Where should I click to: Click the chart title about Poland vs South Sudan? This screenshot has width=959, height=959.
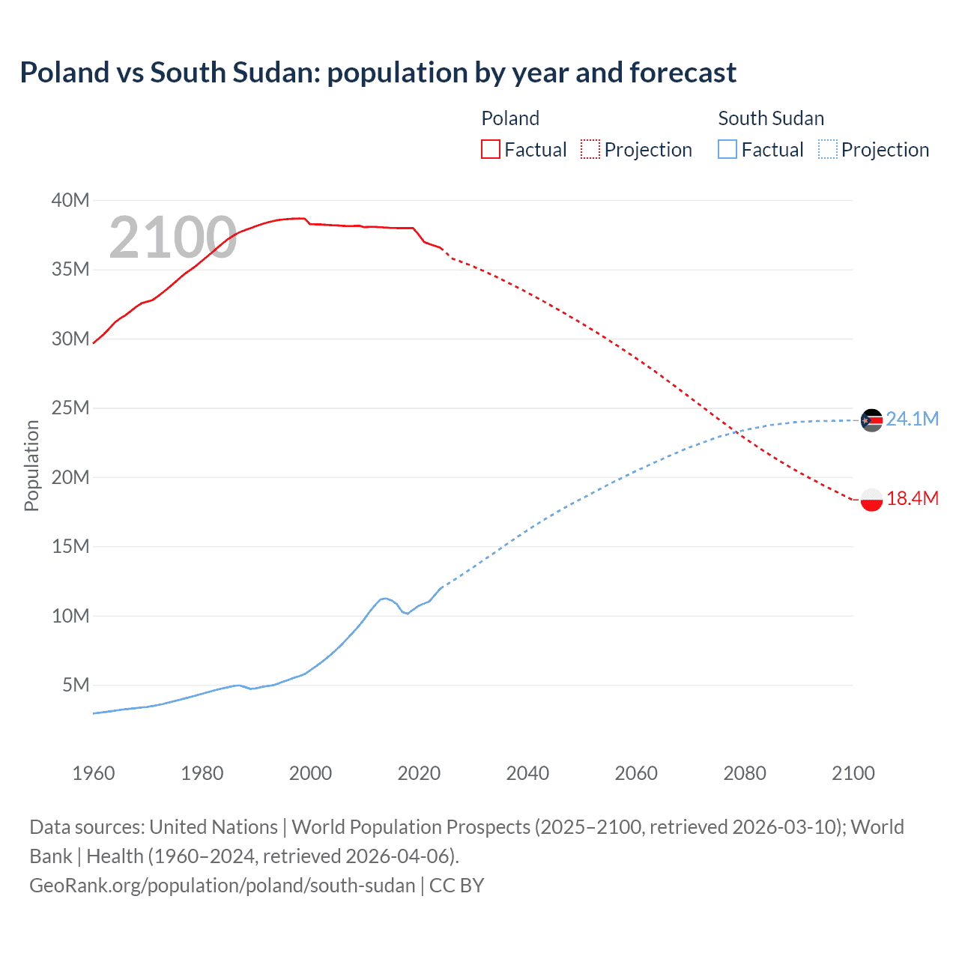coord(378,73)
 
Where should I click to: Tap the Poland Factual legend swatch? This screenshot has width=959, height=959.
coord(491,150)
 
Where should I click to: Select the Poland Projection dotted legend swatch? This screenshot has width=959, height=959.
coord(590,150)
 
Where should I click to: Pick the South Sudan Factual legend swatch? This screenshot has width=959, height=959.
coord(727,150)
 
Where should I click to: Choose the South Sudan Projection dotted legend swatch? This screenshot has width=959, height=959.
coord(828,150)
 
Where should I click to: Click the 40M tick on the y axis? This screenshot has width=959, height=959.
coord(70,200)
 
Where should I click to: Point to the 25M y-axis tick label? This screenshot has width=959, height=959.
coord(70,408)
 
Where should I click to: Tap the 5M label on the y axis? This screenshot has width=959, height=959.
coord(76,685)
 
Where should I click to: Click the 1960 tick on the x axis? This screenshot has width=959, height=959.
coord(94,773)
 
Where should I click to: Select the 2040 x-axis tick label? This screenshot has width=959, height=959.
coord(527,773)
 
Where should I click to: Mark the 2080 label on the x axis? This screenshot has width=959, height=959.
coord(745,773)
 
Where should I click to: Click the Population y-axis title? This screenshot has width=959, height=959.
coord(31,465)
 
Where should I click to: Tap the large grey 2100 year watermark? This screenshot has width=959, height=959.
coord(173,238)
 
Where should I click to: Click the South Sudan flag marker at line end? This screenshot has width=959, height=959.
coord(871,420)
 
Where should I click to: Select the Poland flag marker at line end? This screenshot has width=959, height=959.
coord(871,500)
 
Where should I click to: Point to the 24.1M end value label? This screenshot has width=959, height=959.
coord(912,419)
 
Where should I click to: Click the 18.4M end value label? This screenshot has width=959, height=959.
coord(912,498)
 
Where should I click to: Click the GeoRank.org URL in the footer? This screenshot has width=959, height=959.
coord(223,886)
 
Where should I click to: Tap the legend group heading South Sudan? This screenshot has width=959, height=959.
coord(771,118)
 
